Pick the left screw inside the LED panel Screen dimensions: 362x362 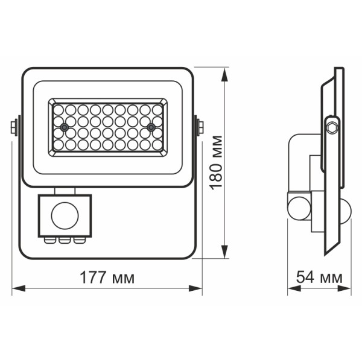pos(62,127)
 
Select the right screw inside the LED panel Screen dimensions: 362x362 pos(150,127)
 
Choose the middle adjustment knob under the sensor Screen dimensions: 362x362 pos(62,240)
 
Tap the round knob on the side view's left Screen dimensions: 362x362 pos(297,206)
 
